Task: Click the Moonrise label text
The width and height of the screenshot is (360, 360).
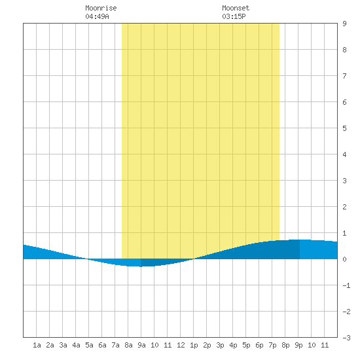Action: (x=101, y=8)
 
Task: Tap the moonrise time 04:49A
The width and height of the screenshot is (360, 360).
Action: (x=97, y=16)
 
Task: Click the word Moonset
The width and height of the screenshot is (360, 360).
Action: (x=236, y=8)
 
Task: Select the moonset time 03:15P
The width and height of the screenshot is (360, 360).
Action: (x=234, y=16)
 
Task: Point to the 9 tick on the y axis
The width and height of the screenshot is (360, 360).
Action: (x=344, y=24)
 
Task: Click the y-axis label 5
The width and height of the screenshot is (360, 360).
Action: (x=344, y=128)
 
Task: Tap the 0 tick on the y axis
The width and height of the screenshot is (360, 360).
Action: (x=344, y=259)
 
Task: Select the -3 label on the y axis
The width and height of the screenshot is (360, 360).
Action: (x=346, y=338)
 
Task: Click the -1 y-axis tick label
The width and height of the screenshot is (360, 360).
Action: (x=346, y=285)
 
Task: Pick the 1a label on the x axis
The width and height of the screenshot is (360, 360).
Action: (x=37, y=345)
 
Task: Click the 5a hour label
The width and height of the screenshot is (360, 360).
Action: (x=89, y=345)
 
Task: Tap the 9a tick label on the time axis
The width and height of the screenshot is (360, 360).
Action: (x=141, y=345)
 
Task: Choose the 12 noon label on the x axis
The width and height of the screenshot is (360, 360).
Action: (x=181, y=345)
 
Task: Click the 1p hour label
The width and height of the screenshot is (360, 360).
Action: (x=194, y=345)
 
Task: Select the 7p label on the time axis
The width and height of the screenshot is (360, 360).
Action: (x=272, y=345)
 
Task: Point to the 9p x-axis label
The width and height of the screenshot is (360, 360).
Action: (x=298, y=345)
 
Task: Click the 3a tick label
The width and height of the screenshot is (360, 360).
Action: (x=63, y=345)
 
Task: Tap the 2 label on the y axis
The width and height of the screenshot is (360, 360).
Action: (x=344, y=207)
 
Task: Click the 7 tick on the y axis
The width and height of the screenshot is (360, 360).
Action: (x=344, y=76)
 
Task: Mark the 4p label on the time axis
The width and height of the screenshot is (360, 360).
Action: (x=233, y=345)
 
